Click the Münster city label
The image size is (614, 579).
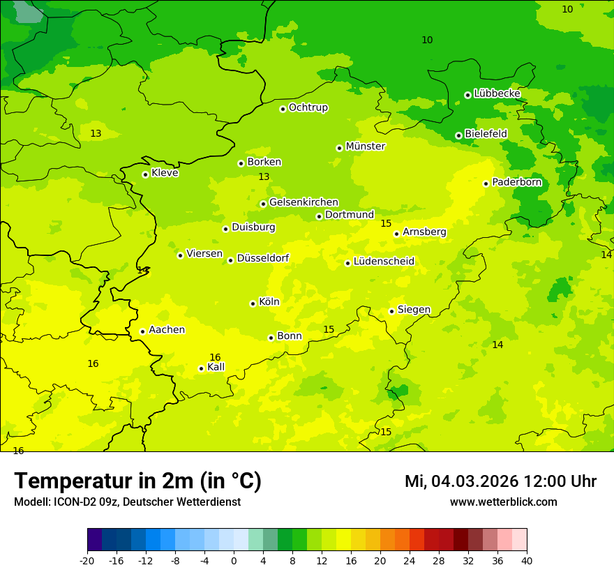tap(365, 146)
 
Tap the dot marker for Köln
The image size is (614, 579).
tap(253, 303)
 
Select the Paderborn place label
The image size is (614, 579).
tap(516, 183)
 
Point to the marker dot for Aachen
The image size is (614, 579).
tap(142, 331)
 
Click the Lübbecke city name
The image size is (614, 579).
tap(497, 93)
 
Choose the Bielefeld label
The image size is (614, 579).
tap(486, 134)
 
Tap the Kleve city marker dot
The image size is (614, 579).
tap(145, 174)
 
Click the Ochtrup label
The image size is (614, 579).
tap(308, 107)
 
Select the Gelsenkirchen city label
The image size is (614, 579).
tap(304, 202)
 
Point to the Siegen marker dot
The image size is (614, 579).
tap(391, 311)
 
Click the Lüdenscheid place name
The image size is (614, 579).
tap(384, 262)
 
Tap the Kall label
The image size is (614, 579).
tap(216, 367)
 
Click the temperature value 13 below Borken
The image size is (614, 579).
tap(264, 177)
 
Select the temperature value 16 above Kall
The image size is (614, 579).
tap(215, 357)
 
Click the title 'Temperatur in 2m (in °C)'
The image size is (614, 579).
tap(137, 481)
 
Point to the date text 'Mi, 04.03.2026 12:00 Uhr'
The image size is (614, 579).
tap(500, 481)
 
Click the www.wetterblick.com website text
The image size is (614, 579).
tap(503, 502)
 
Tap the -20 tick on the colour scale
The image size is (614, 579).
tap(87, 560)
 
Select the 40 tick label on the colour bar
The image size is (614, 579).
tap(527, 560)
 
